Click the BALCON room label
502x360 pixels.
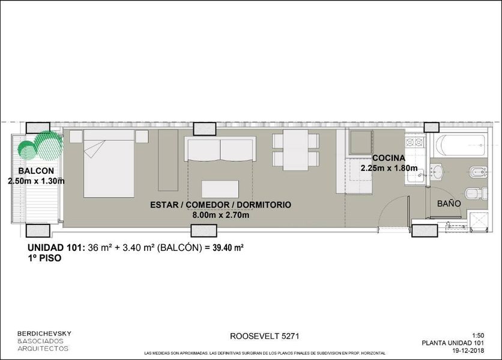pos(36,171)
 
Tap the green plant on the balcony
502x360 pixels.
pos(40,146)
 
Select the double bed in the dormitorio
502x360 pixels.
pos(109,164)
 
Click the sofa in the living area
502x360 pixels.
pos(220,149)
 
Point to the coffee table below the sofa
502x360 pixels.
pos(220,189)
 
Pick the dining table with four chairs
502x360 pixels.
pos(295,150)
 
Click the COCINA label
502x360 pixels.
pos(389,158)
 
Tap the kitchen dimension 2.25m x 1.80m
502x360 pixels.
pos(389,168)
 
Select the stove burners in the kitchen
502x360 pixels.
pos(414,142)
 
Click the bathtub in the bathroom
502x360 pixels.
pos(462,146)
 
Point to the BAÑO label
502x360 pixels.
pos(449,203)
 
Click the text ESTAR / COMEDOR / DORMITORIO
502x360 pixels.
pos(220,205)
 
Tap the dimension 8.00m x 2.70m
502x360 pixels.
pos(220,215)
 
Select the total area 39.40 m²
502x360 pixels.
pos(228,247)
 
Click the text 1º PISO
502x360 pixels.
pos(44,258)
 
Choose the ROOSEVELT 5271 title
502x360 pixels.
pos(264,336)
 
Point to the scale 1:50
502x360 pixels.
pos(478,335)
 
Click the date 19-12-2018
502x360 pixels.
pos(468,350)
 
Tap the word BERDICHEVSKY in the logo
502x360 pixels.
pos(44,334)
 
